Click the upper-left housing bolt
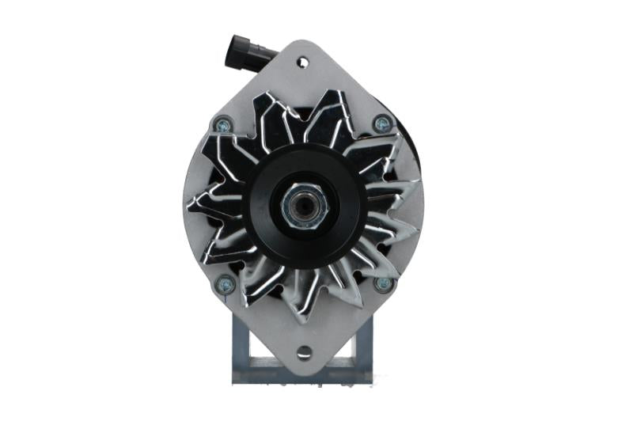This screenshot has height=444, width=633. point(223,124)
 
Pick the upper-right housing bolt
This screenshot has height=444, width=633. point(384,123)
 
